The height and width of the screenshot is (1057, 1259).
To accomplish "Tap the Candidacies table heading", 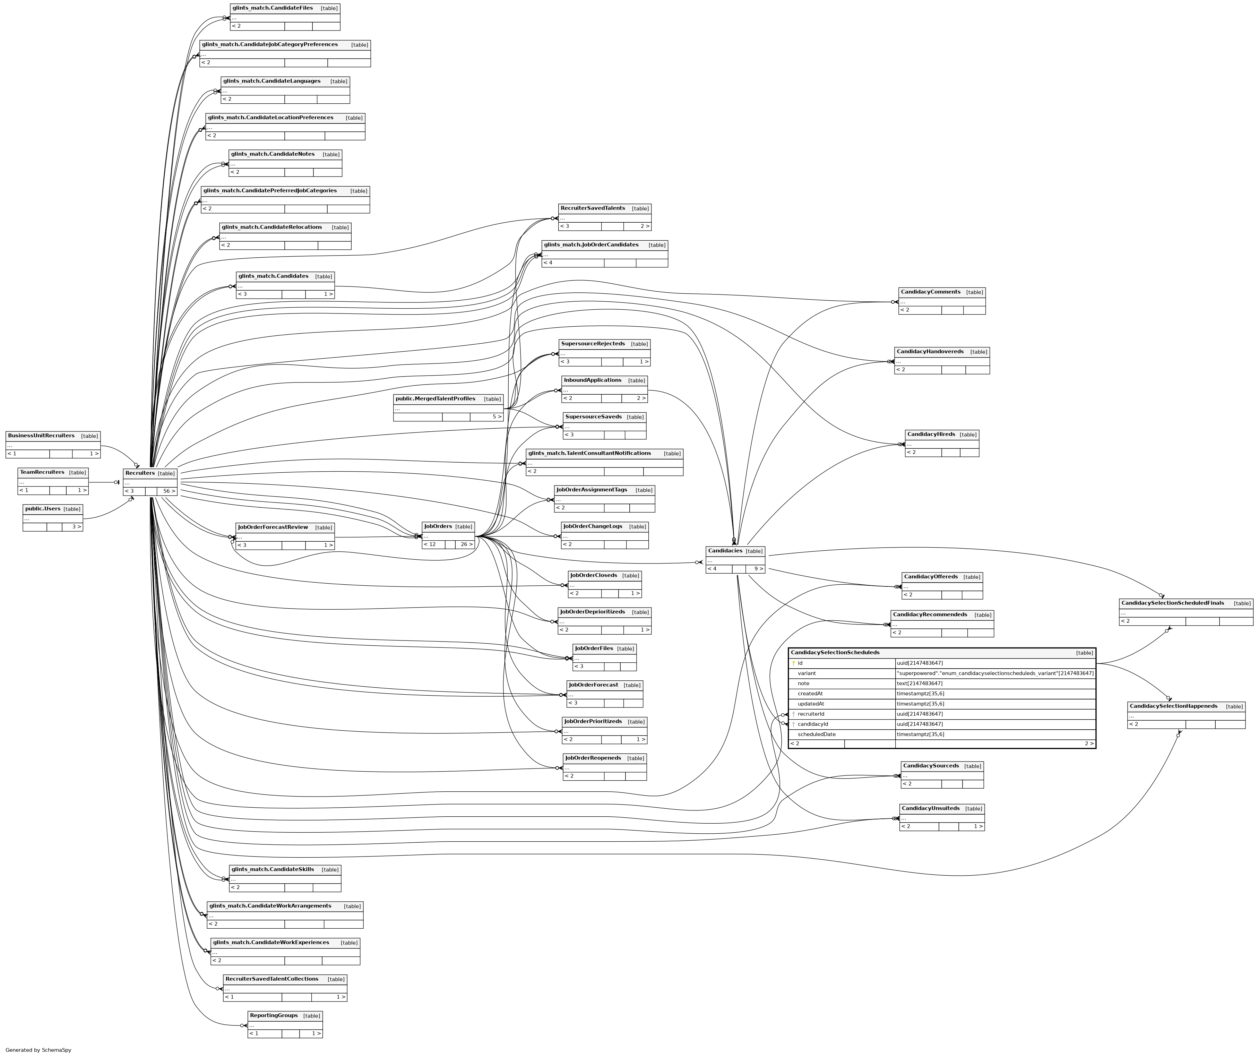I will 725,550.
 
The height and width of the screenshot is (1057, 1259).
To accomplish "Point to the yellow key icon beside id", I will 793,663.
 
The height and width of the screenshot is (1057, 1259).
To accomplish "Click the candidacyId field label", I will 812,724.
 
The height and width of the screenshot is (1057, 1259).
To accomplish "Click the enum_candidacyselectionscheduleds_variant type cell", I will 994,673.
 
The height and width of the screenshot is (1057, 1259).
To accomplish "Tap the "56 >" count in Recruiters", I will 169,491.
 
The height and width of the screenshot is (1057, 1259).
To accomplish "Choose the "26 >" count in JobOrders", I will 466,544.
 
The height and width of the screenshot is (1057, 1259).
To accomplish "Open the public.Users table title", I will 43,508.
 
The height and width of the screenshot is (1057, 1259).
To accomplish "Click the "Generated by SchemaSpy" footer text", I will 38,1050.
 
